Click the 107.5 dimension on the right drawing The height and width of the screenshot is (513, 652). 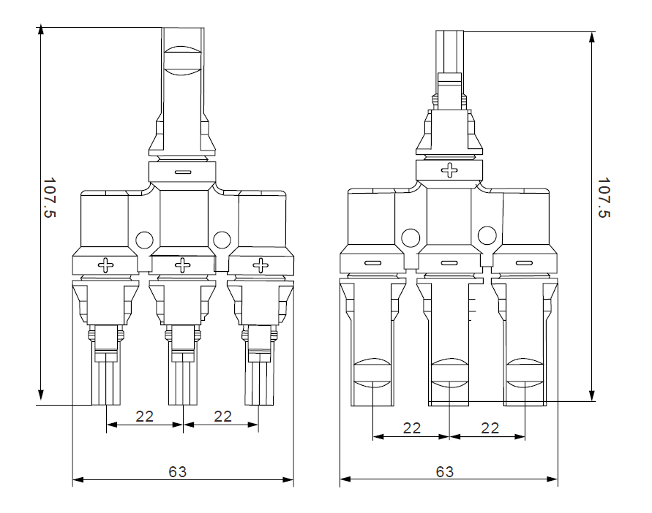(x=604, y=197)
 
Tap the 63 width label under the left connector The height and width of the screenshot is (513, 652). (x=178, y=472)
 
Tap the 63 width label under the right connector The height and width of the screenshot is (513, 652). (x=444, y=472)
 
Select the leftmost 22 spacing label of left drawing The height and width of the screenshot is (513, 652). (x=145, y=416)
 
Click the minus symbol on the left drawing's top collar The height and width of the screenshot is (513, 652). (x=183, y=172)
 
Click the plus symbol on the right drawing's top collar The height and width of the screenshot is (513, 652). (x=449, y=170)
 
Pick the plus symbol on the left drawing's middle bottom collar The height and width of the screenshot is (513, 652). (x=183, y=264)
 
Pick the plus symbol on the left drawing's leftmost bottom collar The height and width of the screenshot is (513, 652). (x=106, y=264)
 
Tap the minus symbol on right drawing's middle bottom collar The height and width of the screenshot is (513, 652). (x=449, y=263)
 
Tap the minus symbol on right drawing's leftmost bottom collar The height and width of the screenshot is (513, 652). (x=372, y=263)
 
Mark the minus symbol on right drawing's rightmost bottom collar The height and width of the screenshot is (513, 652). (x=524, y=263)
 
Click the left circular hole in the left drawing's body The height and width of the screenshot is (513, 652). (x=144, y=239)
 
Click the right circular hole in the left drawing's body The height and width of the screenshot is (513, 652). (x=221, y=239)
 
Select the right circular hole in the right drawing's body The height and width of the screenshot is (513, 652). (x=486, y=235)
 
